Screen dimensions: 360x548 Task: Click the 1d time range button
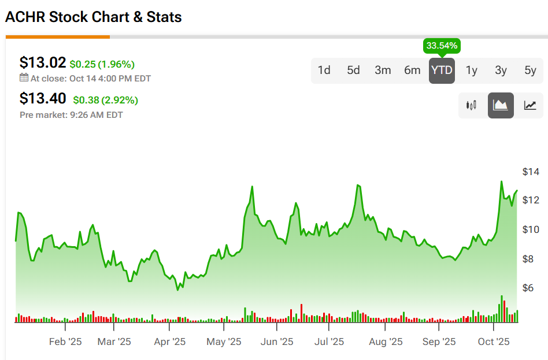(x=324, y=70)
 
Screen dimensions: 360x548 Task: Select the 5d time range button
(x=353, y=70)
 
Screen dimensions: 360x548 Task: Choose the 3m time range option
(x=383, y=70)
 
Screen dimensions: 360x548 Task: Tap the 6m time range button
(x=412, y=70)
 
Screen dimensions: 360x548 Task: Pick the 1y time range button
(x=472, y=70)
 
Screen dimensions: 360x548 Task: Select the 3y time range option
(x=501, y=70)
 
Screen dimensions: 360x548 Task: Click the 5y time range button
(x=530, y=70)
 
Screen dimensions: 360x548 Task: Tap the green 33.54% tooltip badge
(x=442, y=45)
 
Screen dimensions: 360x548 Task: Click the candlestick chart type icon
(x=471, y=106)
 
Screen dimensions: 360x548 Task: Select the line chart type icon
(x=530, y=106)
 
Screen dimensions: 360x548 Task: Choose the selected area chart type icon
(x=501, y=106)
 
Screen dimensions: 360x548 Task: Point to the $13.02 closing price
(x=43, y=62)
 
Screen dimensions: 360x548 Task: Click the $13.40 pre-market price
(x=43, y=99)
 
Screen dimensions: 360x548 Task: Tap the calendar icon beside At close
(x=24, y=77)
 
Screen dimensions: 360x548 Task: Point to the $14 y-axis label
(x=530, y=172)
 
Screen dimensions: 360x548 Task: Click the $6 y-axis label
(x=527, y=288)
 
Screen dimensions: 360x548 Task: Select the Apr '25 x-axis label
(x=170, y=342)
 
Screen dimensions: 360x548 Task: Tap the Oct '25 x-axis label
(x=494, y=342)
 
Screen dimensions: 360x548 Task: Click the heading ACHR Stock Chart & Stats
(x=94, y=17)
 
